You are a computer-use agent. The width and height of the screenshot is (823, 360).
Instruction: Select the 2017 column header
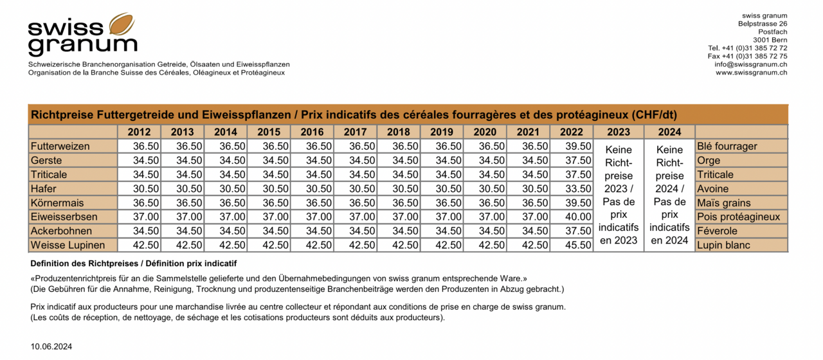click(x=356, y=132)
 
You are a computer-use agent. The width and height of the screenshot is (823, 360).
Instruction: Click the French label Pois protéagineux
click(x=738, y=217)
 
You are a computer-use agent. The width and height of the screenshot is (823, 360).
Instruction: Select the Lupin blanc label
click(x=723, y=245)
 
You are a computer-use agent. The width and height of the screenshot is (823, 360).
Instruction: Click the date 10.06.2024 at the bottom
click(x=51, y=346)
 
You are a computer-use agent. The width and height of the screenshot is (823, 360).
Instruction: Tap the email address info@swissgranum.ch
click(x=750, y=64)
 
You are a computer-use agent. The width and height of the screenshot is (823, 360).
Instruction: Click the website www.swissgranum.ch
click(x=751, y=73)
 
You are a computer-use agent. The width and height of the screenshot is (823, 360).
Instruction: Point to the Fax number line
click(x=747, y=56)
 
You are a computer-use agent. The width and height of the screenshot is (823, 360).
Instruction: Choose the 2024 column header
click(x=669, y=132)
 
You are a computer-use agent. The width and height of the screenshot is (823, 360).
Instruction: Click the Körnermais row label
click(x=57, y=203)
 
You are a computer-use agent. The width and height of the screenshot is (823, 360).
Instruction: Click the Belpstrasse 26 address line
click(x=763, y=24)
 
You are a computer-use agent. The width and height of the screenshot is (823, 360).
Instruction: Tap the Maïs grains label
click(x=723, y=203)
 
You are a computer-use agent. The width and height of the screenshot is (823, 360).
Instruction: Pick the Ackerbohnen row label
click(x=61, y=231)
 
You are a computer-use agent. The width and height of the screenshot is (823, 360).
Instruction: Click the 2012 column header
click(x=139, y=132)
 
